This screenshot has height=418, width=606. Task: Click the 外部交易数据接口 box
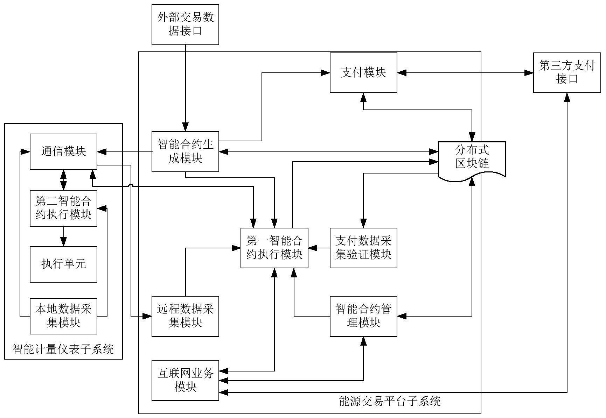pos(185,24)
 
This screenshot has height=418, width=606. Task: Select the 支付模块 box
pos(363,73)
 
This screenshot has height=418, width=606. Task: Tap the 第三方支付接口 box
pos(567,73)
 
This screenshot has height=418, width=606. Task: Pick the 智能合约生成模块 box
pos(185,151)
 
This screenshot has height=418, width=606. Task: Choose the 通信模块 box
pos(63,151)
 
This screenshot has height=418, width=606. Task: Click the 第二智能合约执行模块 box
pos(63,208)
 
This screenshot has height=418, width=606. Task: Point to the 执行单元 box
pos(63,264)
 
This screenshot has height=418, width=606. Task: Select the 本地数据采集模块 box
pos(63,316)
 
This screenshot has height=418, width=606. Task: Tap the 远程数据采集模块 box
pos(185,316)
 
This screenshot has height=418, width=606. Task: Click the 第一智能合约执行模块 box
pos(274,248)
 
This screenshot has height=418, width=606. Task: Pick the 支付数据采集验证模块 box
pos(363,248)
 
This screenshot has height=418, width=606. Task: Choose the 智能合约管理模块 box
pos(363,316)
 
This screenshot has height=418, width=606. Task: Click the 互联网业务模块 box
pos(185,380)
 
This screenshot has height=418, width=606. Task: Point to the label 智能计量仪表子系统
pos(63,349)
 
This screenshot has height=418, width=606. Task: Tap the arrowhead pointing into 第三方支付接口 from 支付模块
pos(529,73)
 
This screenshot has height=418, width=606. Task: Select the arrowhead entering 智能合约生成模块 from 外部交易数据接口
pos(185,127)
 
